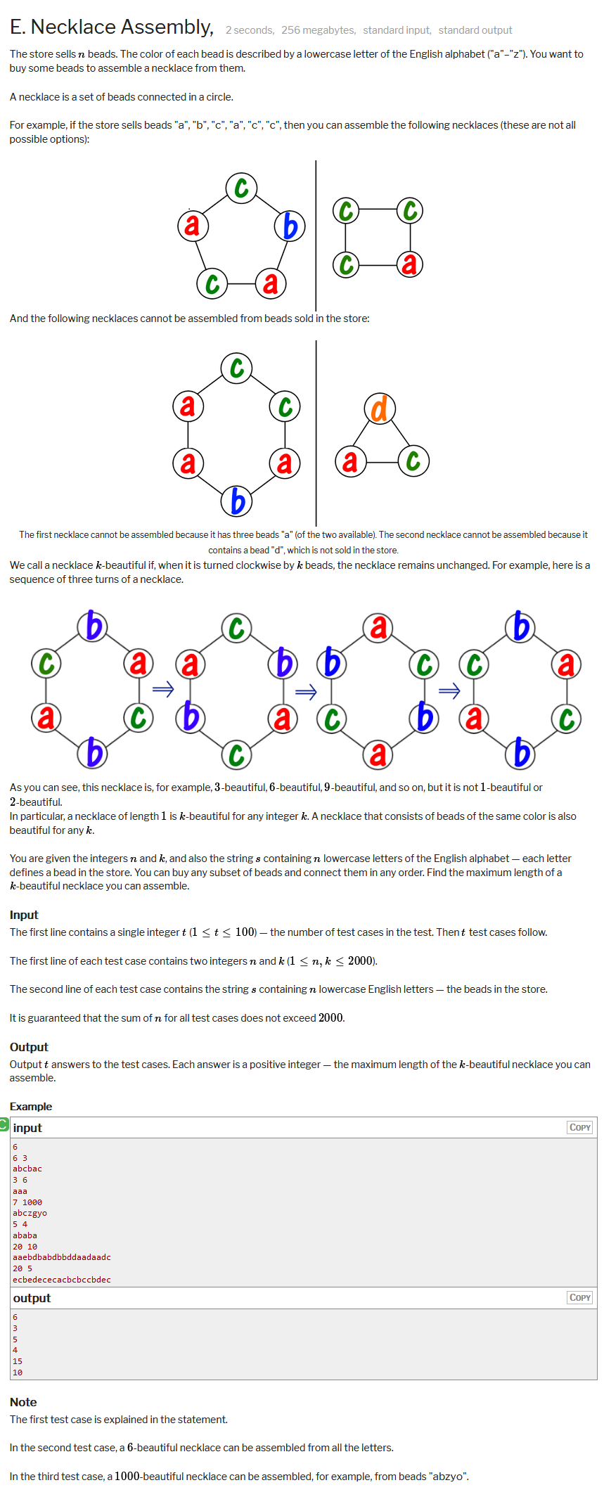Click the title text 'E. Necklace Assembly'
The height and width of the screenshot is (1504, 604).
click(x=111, y=27)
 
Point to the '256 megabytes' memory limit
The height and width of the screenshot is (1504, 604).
click(x=318, y=30)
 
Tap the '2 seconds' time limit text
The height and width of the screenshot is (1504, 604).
click(x=250, y=30)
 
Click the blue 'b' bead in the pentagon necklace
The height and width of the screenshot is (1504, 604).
click(x=290, y=226)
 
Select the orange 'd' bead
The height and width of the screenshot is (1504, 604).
click(x=380, y=409)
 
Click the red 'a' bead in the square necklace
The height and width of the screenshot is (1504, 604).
click(x=410, y=264)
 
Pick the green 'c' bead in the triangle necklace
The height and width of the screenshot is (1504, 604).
click(x=413, y=461)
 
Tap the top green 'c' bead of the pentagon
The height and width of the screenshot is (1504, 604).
click(x=241, y=188)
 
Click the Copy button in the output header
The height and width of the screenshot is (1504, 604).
click(x=579, y=1297)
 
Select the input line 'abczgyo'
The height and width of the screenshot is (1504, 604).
click(x=30, y=1213)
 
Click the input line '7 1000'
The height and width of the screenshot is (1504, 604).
click(x=27, y=1202)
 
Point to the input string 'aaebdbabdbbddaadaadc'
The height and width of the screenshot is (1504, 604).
click(x=62, y=1257)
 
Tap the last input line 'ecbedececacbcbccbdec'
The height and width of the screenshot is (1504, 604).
click(x=62, y=1280)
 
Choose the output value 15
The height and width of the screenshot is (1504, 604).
click(x=18, y=1361)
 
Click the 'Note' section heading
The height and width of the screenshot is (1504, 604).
click(x=23, y=1402)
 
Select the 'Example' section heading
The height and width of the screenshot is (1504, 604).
click(x=31, y=1107)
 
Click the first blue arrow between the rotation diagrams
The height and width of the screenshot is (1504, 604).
click(x=163, y=689)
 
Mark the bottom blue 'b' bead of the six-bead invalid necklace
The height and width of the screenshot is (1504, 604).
click(x=237, y=501)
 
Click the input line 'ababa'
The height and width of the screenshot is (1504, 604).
click(x=25, y=1235)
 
